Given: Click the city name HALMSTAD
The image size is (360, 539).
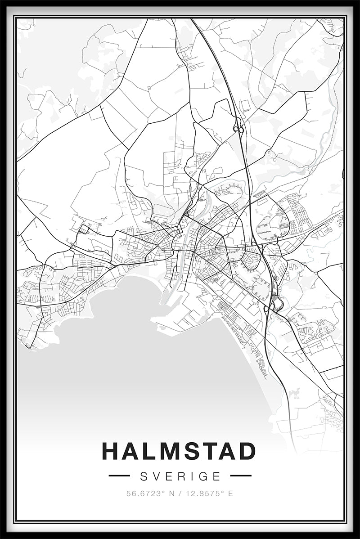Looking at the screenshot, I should pyautogui.click(x=179, y=451).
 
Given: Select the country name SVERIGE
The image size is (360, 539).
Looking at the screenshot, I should pyautogui.click(x=180, y=476).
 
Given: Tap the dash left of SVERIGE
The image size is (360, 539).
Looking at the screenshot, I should pyautogui.click(x=119, y=476).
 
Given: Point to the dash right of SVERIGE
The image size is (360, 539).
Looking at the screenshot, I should pyautogui.click(x=241, y=476).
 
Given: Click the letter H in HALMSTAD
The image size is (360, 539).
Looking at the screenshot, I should pyautogui.click(x=111, y=451).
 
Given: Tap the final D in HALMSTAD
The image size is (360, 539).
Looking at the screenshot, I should pyautogui.click(x=247, y=451).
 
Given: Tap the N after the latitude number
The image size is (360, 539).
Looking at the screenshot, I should pyautogui.click(x=171, y=494).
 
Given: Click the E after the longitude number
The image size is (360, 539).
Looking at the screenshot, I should pyautogui.click(x=231, y=494).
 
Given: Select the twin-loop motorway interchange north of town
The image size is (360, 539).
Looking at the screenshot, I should pyautogui.click(x=238, y=130).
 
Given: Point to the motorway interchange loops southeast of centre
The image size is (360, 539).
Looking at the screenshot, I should pyautogui.click(x=273, y=307).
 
